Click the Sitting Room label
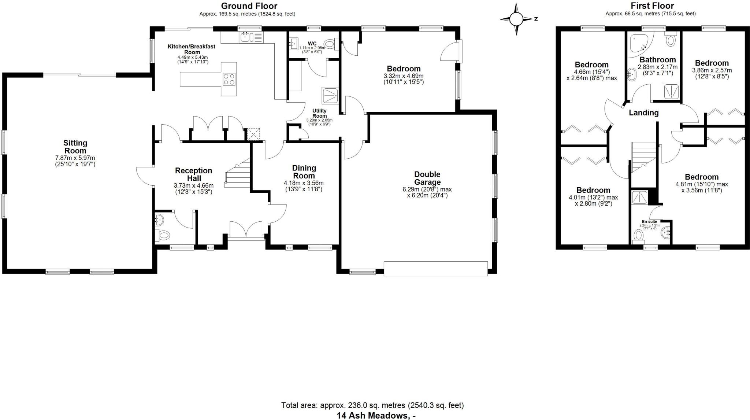tap(75, 147)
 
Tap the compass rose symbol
tap(516, 19)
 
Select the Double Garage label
tap(427, 178)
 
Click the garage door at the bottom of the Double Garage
tap(435, 268)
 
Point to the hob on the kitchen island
tap(229, 79)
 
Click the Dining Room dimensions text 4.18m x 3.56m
tap(304, 183)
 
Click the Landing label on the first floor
tap(643, 113)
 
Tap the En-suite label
tap(649, 222)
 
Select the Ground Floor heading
tap(249, 6)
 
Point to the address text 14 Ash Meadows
tap(376, 416)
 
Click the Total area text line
tap(372, 405)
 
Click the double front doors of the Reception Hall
tap(246, 230)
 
